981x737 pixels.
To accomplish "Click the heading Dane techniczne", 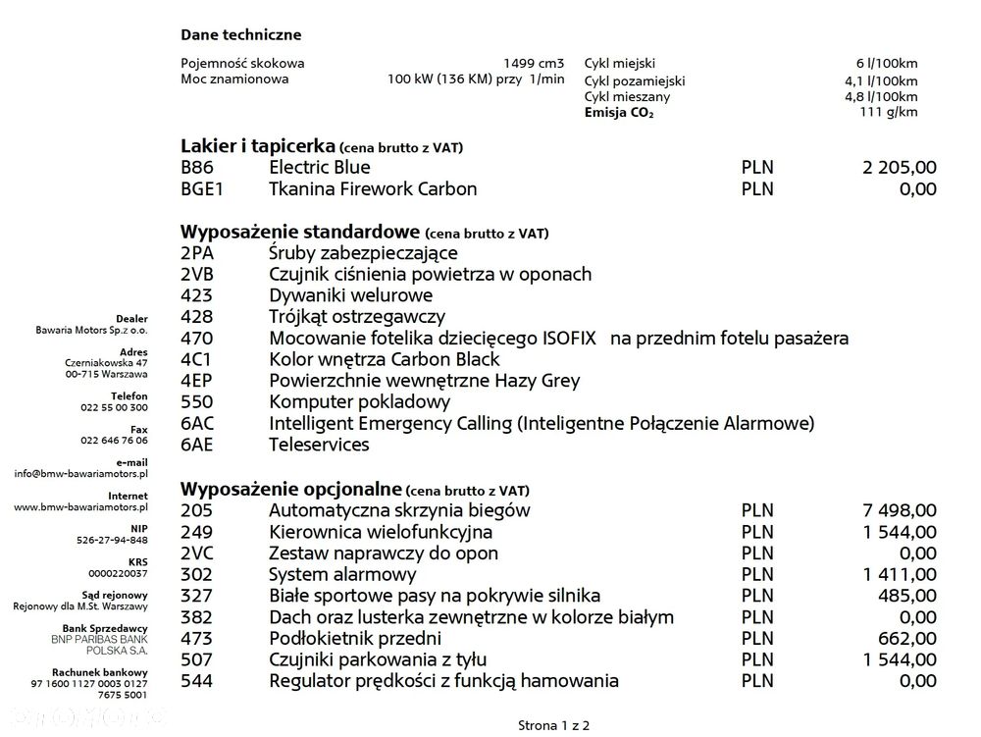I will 240,34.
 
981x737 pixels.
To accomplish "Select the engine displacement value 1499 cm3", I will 534,63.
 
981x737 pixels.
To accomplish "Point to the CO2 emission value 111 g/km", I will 889,112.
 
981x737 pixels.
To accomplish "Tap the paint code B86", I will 196,167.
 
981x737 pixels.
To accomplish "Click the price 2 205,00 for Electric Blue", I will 900,167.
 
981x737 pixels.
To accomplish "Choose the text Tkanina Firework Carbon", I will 373,188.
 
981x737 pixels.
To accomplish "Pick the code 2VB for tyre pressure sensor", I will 197,274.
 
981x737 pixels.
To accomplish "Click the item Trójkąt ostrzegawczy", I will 357,317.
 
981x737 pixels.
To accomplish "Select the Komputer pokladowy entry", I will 360,401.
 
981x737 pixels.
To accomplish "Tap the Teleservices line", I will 319,445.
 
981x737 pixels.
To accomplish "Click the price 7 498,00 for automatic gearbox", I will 900,510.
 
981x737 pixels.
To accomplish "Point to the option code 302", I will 196,574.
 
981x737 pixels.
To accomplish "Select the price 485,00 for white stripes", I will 909,596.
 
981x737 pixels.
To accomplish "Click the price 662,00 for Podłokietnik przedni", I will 909,638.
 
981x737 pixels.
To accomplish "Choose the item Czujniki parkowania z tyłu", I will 378,659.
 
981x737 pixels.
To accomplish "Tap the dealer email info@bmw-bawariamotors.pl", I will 80,473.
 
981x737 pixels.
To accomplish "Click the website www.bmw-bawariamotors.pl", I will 80,507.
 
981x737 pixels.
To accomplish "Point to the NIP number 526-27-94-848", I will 114,540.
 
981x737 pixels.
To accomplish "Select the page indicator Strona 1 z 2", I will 554,725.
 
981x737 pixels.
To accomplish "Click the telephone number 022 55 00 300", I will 114,406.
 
